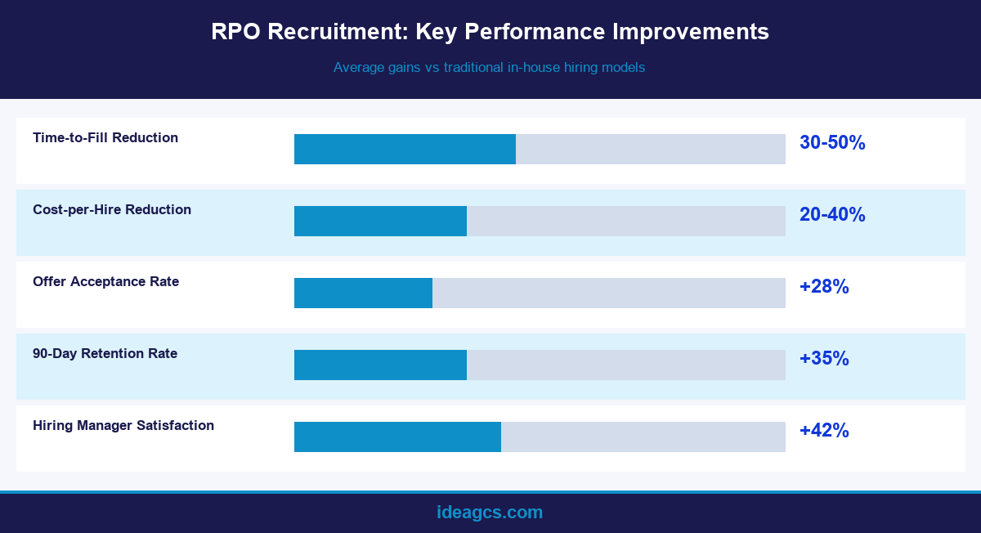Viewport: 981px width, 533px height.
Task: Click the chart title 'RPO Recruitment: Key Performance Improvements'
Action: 490,32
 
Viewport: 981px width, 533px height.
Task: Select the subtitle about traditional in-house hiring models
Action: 489,68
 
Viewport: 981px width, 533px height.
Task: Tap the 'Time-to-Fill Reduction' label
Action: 105,137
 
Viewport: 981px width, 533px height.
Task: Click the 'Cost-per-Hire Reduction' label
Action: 112,209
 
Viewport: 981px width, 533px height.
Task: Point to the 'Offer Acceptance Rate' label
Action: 105,281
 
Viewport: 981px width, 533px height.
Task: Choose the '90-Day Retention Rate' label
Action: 105,353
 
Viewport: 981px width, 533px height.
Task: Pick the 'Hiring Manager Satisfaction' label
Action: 123,425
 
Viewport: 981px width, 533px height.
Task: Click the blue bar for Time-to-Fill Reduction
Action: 405,149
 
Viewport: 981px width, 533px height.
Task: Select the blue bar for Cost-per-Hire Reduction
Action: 380,221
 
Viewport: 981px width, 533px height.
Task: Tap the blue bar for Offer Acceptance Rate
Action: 363,293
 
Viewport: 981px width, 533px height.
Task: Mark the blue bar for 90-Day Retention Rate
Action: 380,365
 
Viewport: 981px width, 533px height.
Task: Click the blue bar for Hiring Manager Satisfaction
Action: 397,437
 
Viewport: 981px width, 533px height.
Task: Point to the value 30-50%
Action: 832,143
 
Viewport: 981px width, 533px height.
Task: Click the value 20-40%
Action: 832,215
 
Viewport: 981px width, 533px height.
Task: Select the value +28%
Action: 824,287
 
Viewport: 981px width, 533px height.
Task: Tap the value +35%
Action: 824,359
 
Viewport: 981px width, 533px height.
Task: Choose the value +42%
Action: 824,431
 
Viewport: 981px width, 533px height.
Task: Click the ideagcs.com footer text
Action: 490,513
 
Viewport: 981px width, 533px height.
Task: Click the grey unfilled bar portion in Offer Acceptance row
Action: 609,293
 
